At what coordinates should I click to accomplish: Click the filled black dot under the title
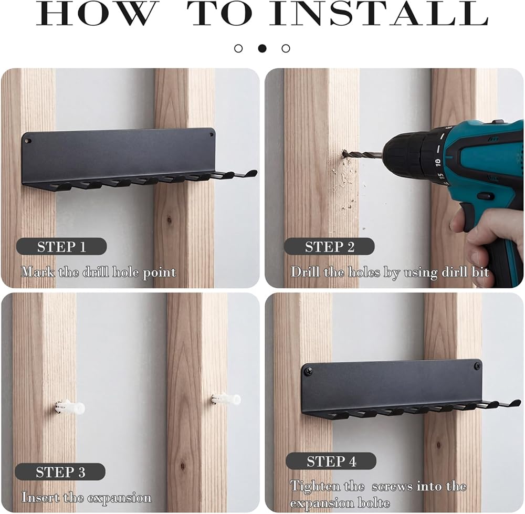[262, 48]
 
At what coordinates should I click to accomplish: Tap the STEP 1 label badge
[61, 247]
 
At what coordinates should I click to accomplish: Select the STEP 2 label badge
[329, 247]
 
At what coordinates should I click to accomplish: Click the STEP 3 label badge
[60, 472]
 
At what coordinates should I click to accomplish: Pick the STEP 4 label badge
[331, 461]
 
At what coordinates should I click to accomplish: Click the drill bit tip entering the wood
[343, 154]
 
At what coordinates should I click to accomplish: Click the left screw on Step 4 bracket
[307, 371]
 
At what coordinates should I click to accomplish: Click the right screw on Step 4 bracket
[477, 365]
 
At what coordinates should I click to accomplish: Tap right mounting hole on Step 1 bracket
[211, 135]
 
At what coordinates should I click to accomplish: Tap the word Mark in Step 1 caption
[37, 271]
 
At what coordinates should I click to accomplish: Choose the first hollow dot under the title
[238, 48]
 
